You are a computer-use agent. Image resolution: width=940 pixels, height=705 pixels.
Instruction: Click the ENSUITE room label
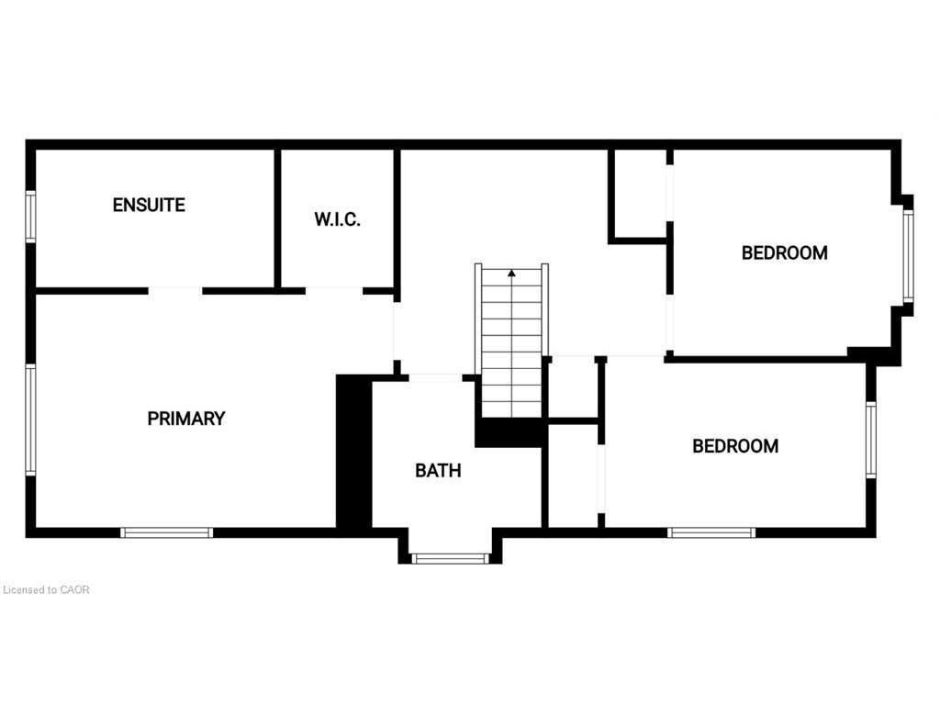click(x=149, y=205)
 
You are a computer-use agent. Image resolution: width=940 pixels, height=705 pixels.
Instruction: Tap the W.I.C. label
click(x=337, y=220)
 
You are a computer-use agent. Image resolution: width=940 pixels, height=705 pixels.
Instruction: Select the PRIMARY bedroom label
click(x=186, y=419)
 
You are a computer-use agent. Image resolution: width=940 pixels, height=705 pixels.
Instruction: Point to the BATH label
click(x=438, y=471)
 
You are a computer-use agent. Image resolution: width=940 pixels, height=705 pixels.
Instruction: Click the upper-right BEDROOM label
click(x=784, y=252)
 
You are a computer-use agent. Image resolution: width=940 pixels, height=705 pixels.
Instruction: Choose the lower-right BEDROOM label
click(x=735, y=446)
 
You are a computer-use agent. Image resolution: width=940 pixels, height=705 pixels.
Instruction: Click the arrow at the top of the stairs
click(x=511, y=272)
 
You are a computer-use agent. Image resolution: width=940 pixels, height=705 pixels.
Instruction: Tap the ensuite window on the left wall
click(x=30, y=216)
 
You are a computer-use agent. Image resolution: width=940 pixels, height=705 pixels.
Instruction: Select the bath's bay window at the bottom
click(x=450, y=557)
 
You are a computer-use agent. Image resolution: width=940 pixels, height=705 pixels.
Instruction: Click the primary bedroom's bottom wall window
click(x=167, y=532)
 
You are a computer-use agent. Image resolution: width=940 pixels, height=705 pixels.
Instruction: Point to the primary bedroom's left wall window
click(x=30, y=420)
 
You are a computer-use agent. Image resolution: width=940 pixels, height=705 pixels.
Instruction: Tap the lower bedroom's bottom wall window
click(x=711, y=532)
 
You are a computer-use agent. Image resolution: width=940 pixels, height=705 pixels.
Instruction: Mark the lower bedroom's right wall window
click(x=871, y=440)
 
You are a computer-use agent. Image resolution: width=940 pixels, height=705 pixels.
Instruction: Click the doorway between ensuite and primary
click(x=174, y=291)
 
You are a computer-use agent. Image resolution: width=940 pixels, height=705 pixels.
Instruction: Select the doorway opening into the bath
click(x=435, y=377)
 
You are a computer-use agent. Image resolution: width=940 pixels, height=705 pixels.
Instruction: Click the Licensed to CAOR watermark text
click(x=46, y=589)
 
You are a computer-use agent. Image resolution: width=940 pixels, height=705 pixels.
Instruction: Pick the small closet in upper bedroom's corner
click(x=639, y=194)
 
